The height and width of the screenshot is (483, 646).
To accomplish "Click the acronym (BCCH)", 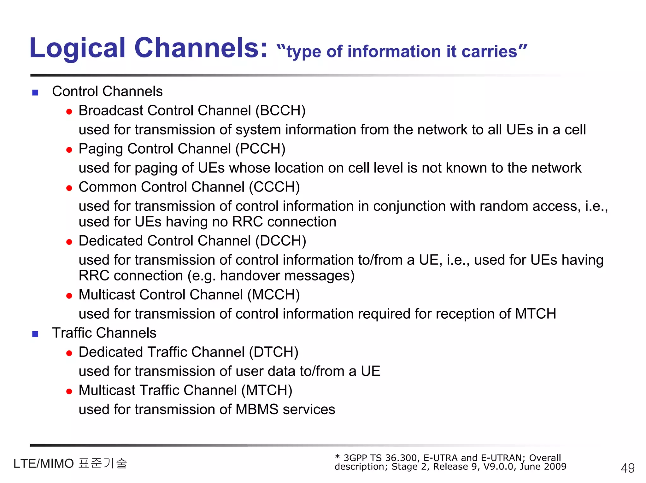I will pyautogui.click(x=280, y=111).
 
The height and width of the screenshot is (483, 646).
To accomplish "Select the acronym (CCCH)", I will pyautogui.click(x=274, y=187).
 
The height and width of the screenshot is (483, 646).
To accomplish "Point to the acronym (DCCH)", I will pyautogui.click(x=281, y=241).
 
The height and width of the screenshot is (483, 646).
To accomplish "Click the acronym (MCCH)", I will pyautogui.click(x=273, y=295).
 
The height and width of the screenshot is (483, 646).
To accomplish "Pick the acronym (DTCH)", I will pyautogui.click(x=273, y=352).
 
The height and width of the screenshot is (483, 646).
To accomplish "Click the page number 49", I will pyautogui.click(x=627, y=468).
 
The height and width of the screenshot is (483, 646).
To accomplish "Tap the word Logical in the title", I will pyautogui.click(x=78, y=48).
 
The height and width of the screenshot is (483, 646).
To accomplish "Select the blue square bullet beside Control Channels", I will pyautogui.click(x=35, y=93).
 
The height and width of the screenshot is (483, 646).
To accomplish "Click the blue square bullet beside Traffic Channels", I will pyautogui.click(x=35, y=334).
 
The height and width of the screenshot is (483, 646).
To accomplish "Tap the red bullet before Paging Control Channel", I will pyautogui.click(x=69, y=150).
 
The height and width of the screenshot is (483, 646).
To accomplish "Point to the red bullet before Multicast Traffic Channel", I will pyautogui.click(x=69, y=392).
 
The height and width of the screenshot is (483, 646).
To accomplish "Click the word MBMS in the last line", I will pyautogui.click(x=257, y=409).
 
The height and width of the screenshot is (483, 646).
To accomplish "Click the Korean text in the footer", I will pyautogui.click(x=103, y=463).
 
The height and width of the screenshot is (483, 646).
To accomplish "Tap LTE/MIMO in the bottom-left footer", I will pyautogui.click(x=44, y=464).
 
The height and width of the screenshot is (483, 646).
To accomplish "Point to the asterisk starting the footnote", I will pyautogui.click(x=337, y=457).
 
